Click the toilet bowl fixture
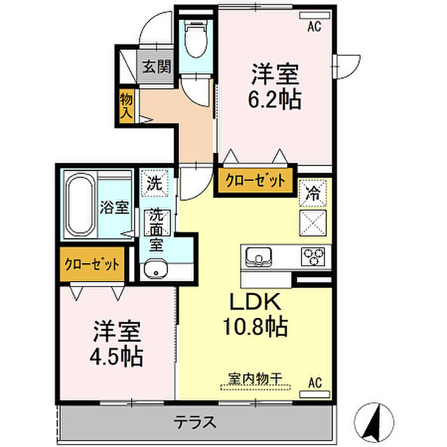pyautogui.click(x=195, y=38)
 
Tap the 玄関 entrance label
pyautogui.click(x=156, y=66)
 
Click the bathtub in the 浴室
pyautogui.click(x=80, y=205)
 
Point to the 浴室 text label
pyautogui.click(x=114, y=208)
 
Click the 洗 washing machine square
pyautogui.click(x=155, y=183)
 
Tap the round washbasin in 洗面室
pyautogui.click(x=156, y=269)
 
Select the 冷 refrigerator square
pyautogui.click(x=313, y=193)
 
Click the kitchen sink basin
pyautogui.click(x=259, y=257)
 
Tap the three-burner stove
pyautogui.click(x=313, y=256)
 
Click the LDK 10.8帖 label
pyautogui.click(x=255, y=314)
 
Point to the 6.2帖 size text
pyautogui.click(x=275, y=100)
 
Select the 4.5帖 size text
pyautogui.click(x=116, y=356)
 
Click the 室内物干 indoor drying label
pyautogui.click(x=255, y=378)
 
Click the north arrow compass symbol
pyautogui.click(x=374, y=422)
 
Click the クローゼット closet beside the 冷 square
pyautogui.click(x=255, y=181)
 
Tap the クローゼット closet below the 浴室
pyautogui.click(x=92, y=264)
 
